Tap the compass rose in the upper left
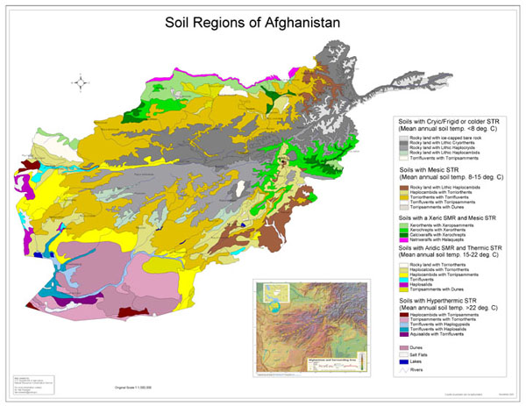click(81, 84)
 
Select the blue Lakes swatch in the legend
click(403, 360)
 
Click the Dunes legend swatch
click(403, 347)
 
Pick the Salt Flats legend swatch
click(403, 354)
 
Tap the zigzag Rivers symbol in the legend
click(403, 368)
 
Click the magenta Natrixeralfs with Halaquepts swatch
click(403, 237)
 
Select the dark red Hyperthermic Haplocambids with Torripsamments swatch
click(403, 312)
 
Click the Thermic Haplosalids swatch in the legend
click(403, 282)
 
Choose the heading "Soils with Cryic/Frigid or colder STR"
click(455, 120)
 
